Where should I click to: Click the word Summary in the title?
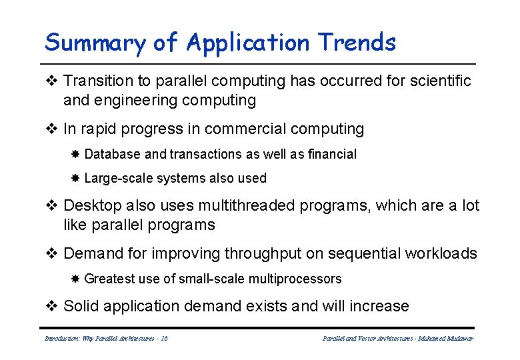[x=95, y=43]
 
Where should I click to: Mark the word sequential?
[x=365, y=253]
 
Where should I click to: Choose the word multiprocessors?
[x=297, y=279]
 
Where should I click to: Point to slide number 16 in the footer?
[x=164, y=339]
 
